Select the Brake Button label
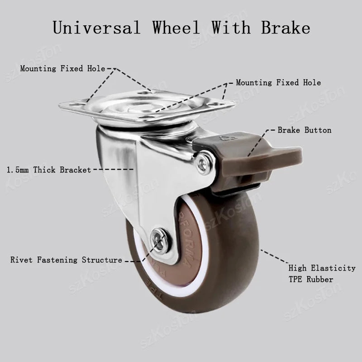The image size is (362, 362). pyautogui.click(x=305, y=130)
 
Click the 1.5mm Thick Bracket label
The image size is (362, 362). pyautogui.click(x=49, y=170)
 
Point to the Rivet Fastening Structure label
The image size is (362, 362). pyautogui.click(x=66, y=260)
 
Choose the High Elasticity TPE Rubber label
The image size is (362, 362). pyautogui.click(x=322, y=274)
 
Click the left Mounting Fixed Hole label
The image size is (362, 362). pyautogui.click(x=62, y=69)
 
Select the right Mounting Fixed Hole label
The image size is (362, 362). pyautogui.click(x=278, y=83)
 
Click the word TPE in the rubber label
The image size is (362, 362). pyautogui.click(x=296, y=279)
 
